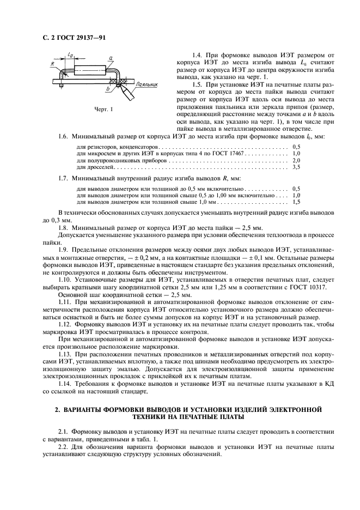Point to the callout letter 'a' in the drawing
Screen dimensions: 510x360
point(111,57)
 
